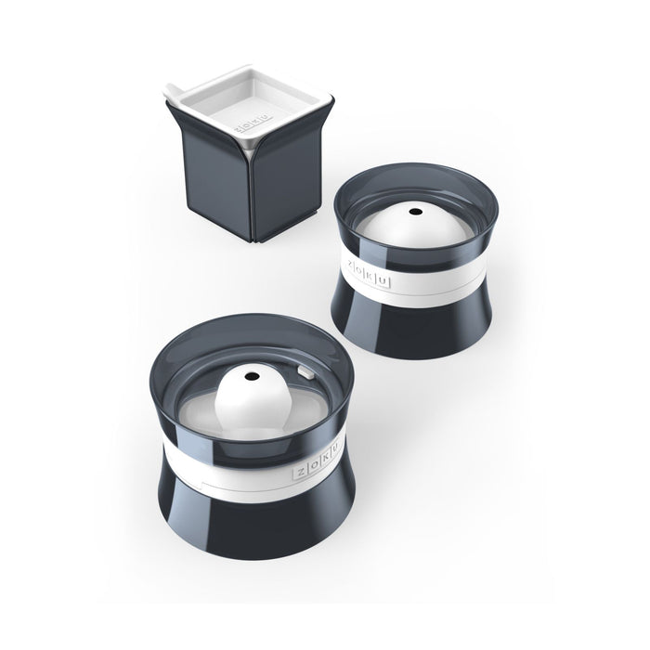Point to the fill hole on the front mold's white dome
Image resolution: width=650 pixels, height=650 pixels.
pyautogui.click(x=254, y=377)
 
